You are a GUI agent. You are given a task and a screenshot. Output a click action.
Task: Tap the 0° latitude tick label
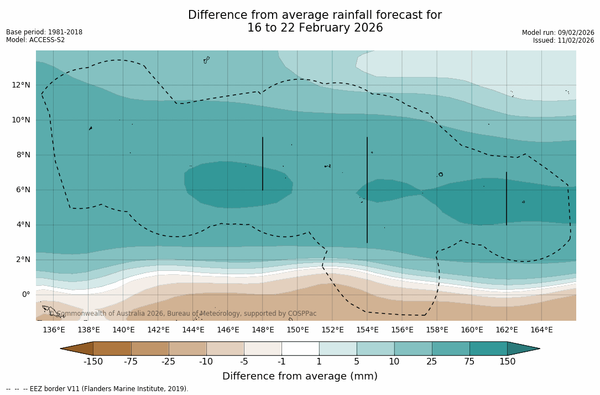[x=25, y=294]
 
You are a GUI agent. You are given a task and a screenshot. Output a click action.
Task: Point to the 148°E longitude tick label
[x=263, y=330]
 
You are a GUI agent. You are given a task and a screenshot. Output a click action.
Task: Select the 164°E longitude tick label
[x=541, y=330]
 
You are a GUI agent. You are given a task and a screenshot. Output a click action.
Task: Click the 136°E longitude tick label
[x=54, y=330]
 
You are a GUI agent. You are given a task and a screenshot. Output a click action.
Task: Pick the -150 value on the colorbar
[x=93, y=362]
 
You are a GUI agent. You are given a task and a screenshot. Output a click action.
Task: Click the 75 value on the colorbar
[x=469, y=362]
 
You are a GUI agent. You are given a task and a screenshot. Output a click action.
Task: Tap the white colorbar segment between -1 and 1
[x=300, y=348]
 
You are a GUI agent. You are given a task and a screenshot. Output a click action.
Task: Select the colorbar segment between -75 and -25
[x=150, y=348]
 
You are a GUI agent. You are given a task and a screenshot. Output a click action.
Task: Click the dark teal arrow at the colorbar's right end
[x=523, y=348]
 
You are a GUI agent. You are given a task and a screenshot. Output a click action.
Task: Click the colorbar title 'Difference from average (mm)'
[x=300, y=377]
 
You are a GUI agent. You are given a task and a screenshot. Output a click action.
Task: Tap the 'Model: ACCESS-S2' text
[x=35, y=40]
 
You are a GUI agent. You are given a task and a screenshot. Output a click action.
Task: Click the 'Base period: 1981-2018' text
[x=44, y=32]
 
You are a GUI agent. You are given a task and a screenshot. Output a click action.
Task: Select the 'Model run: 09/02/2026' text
[x=558, y=33]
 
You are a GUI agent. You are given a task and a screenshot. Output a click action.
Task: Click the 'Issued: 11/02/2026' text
[x=564, y=40]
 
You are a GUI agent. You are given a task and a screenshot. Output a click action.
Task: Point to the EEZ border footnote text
[x=97, y=389]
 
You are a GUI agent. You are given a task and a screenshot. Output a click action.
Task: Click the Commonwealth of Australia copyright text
[x=183, y=314]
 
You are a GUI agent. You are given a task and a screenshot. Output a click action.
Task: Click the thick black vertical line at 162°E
[x=507, y=198]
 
